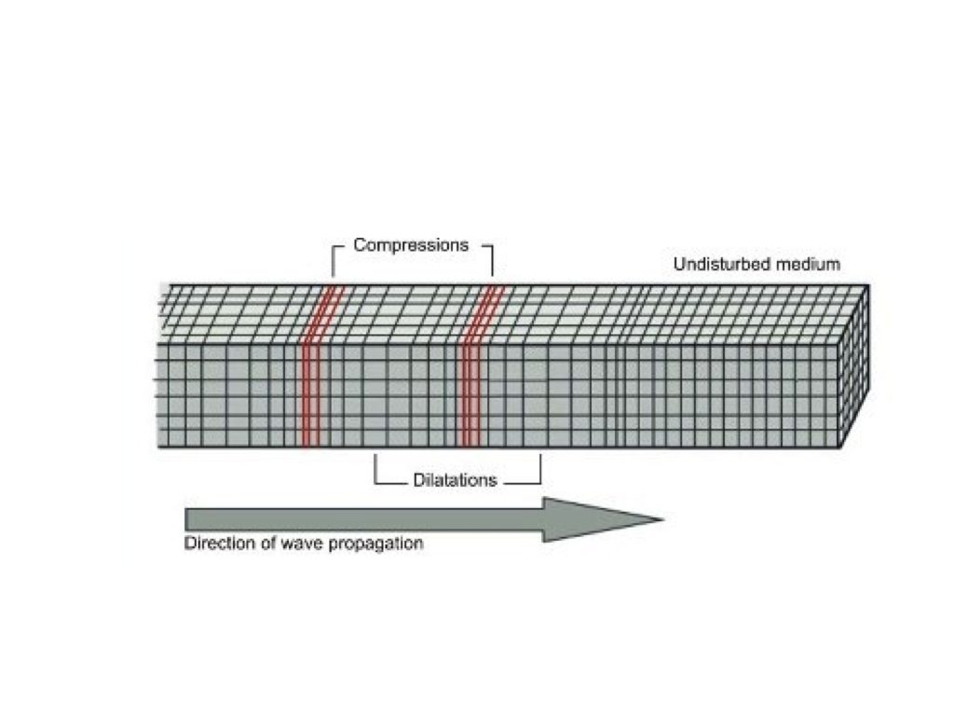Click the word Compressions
(x=411, y=246)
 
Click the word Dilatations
(x=455, y=481)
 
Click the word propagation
(x=376, y=544)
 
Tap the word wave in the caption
(x=298, y=544)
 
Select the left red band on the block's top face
(x=325, y=313)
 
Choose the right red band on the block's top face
(x=484, y=313)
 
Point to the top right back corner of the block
(x=868, y=285)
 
